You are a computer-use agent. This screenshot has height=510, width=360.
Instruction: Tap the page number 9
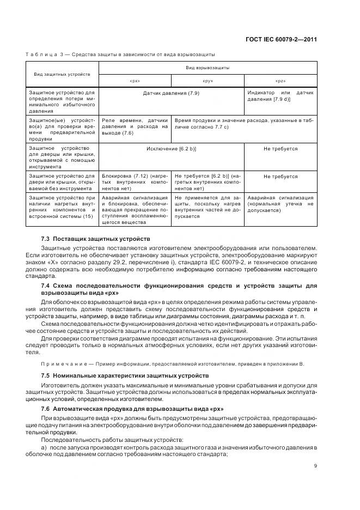pyautogui.click(x=315, y=465)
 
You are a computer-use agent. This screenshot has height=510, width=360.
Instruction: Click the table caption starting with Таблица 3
pyautogui.click(x=120, y=54)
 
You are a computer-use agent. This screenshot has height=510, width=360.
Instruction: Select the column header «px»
pyautogui.click(x=135, y=81)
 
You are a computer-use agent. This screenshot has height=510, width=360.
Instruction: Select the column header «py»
pyautogui.click(x=208, y=81)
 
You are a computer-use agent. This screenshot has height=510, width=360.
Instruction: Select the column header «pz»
pyautogui.click(x=280, y=81)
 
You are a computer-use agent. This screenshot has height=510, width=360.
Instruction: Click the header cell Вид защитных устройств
pyautogui.click(x=62, y=74)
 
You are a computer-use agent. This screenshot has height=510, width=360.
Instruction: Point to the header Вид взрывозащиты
pyautogui.click(x=208, y=68)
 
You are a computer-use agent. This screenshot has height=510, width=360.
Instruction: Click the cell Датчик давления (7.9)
pyautogui.click(x=171, y=94)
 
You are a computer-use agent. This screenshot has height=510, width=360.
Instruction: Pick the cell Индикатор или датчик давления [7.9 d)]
pyautogui.click(x=280, y=96)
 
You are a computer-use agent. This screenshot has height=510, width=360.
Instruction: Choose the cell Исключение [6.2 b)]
pyautogui.click(x=171, y=148)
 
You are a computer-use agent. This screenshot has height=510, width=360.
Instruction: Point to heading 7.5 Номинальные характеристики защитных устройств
pyautogui.click(x=125, y=376)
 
